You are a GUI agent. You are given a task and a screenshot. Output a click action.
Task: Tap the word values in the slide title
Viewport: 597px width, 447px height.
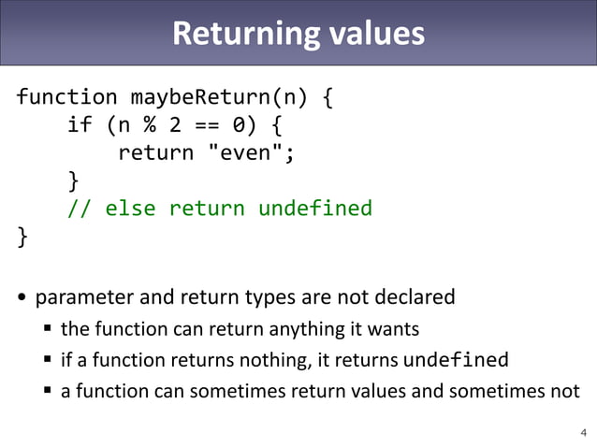[374, 34]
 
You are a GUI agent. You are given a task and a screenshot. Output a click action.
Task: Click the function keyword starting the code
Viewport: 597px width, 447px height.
[67, 97]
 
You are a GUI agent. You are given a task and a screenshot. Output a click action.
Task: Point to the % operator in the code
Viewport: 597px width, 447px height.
[149, 125]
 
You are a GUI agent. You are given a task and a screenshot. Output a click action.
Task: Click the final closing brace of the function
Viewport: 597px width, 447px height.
[22, 236]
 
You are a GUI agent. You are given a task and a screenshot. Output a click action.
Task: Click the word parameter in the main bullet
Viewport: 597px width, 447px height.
[84, 298]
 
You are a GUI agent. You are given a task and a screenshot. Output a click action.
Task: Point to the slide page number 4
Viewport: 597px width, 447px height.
[584, 432]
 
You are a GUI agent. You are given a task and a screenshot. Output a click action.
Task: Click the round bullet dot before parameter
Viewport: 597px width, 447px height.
[22, 299]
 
